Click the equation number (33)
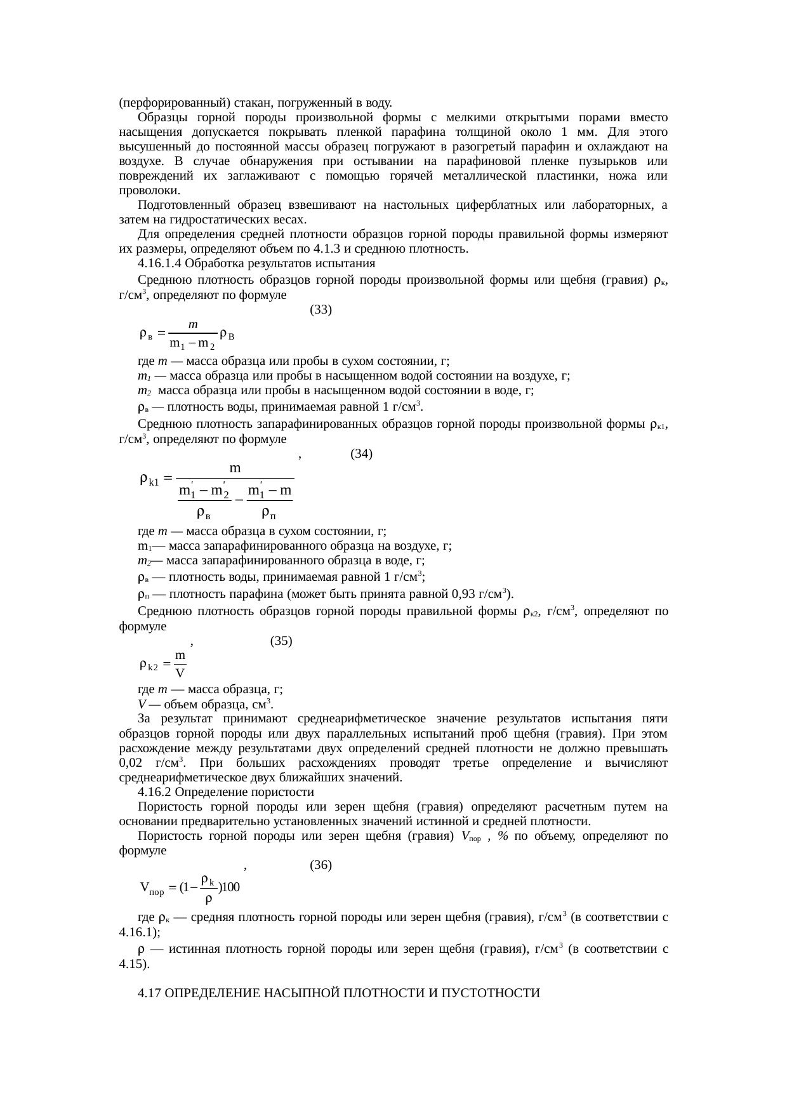[321, 310]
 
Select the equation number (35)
[281, 640]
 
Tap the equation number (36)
[321, 865]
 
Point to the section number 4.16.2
[154, 792]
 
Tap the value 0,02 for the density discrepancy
[130, 763]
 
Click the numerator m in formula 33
[194, 324]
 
